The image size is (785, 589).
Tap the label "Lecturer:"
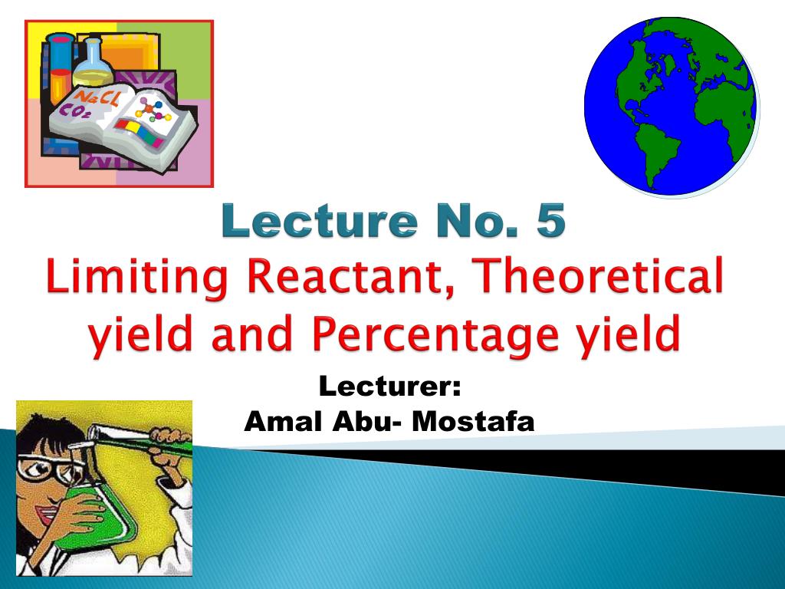click(389, 386)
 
